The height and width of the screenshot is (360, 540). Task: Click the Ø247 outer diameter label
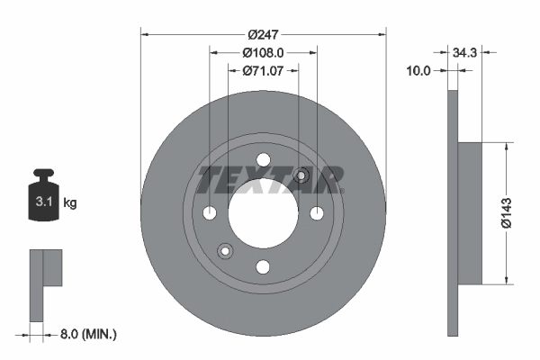tap(263, 35)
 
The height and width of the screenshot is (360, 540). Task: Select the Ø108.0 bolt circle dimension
tap(263, 52)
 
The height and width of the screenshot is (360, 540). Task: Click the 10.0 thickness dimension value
tap(420, 69)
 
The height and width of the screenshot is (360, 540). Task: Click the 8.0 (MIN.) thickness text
tap(86, 334)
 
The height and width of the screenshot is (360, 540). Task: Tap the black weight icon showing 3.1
tap(42, 195)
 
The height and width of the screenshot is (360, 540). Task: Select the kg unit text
tap(70, 203)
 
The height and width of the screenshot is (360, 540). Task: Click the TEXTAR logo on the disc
tap(270, 180)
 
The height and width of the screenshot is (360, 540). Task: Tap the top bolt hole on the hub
tap(263, 160)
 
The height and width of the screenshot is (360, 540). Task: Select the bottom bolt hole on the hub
tap(263, 267)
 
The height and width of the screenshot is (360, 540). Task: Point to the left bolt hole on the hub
tap(210, 214)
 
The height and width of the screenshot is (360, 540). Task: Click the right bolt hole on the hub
tap(317, 214)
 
